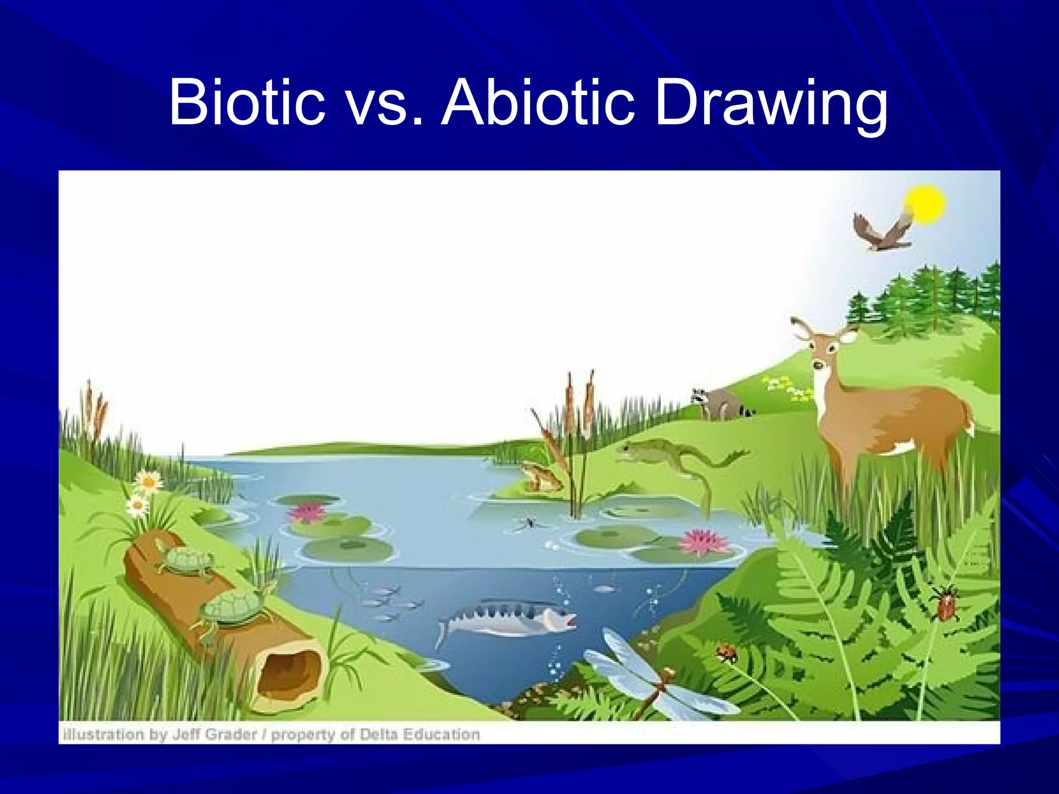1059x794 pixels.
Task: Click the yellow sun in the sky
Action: pyautogui.click(x=925, y=204)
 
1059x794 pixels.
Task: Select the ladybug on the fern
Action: pyautogui.click(x=727, y=652)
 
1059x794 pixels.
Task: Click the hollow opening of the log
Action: pyautogui.click(x=287, y=675)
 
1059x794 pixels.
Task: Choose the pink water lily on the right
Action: pyautogui.click(x=702, y=542)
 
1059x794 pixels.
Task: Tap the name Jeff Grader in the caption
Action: pyautogui.click(x=214, y=735)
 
